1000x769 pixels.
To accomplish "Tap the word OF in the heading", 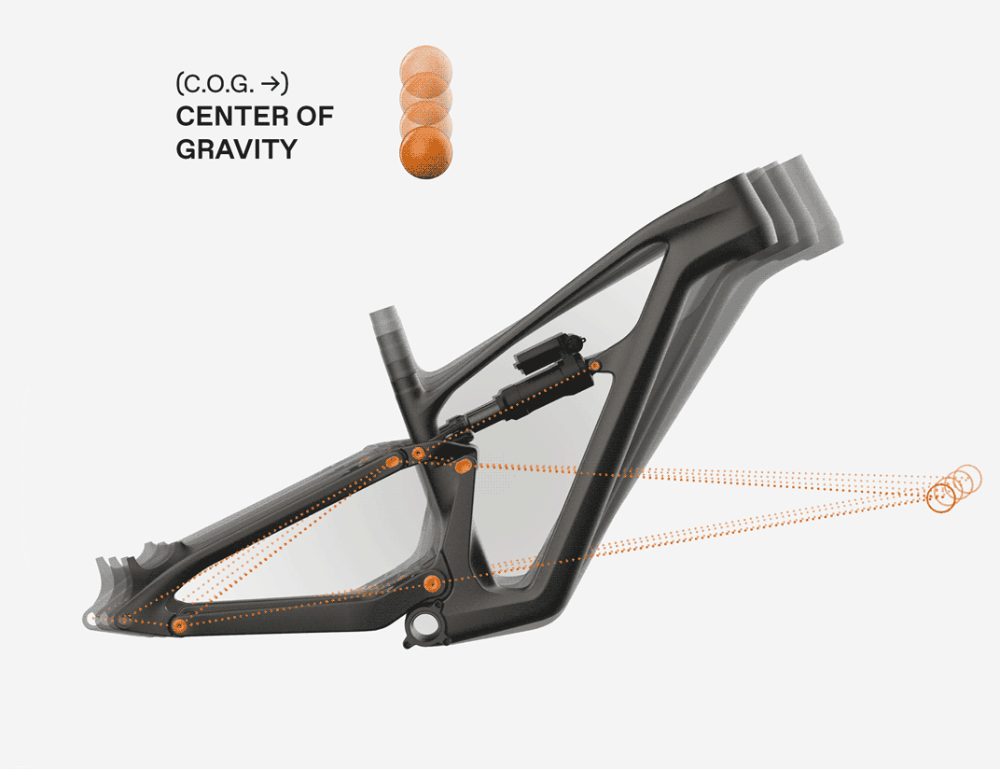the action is [314, 116].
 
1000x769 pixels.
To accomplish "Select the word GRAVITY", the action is [237, 149].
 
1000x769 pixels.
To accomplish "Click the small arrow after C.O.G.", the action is [271, 84].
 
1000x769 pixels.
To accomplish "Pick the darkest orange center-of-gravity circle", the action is [426, 152].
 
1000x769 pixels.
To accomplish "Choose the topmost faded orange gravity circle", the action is [426, 70].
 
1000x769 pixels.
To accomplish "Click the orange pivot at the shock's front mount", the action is [595, 366].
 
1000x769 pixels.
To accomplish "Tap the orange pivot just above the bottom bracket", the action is [433, 582].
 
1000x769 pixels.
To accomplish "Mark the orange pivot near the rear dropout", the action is [179, 625].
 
